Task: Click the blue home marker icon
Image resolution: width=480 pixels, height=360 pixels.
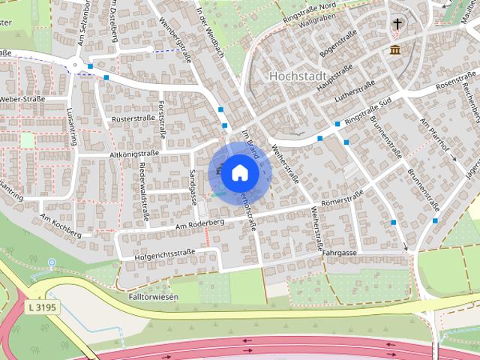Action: tap(239, 172)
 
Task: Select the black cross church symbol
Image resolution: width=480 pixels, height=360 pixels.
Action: tap(397, 25)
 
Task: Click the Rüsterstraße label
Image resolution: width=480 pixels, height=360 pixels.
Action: tap(132, 118)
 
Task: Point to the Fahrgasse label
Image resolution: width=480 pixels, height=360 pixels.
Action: tap(339, 253)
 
